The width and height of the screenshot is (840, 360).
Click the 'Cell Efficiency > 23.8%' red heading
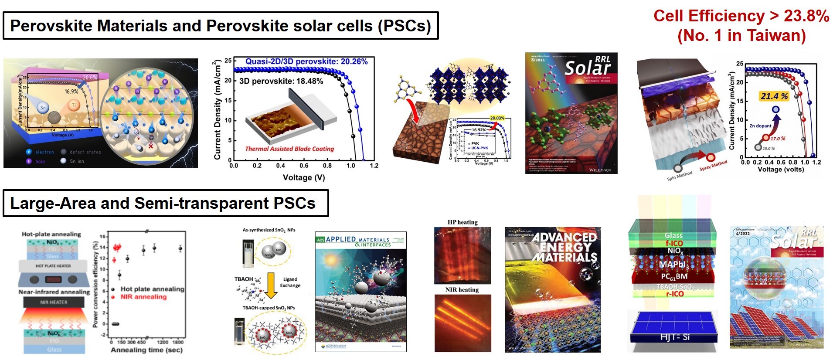[x=741, y=16]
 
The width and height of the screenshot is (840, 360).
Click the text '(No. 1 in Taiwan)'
[x=741, y=35]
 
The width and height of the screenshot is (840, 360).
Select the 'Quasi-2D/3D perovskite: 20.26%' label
[x=306, y=61]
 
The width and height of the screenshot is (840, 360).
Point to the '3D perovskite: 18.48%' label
[x=281, y=81]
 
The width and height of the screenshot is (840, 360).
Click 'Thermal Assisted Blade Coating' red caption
[x=289, y=149]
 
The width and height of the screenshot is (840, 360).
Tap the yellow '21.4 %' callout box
[x=774, y=96]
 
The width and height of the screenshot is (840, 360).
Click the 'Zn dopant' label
[x=760, y=126]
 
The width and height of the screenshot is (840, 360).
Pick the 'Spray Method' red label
[x=713, y=165]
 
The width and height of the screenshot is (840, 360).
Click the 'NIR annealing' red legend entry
[x=143, y=297]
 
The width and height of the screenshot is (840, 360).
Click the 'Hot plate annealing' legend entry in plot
[x=152, y=289]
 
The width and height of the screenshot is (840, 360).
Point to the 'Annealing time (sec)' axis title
[x=146, y=350]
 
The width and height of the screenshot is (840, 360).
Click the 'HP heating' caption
[x=463, y=222]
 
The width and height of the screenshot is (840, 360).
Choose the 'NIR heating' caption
[x=462, y=290]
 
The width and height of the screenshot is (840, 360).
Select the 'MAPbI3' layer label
[x=673, y=265]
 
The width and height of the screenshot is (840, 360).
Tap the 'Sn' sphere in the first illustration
[x=43, y=108]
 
